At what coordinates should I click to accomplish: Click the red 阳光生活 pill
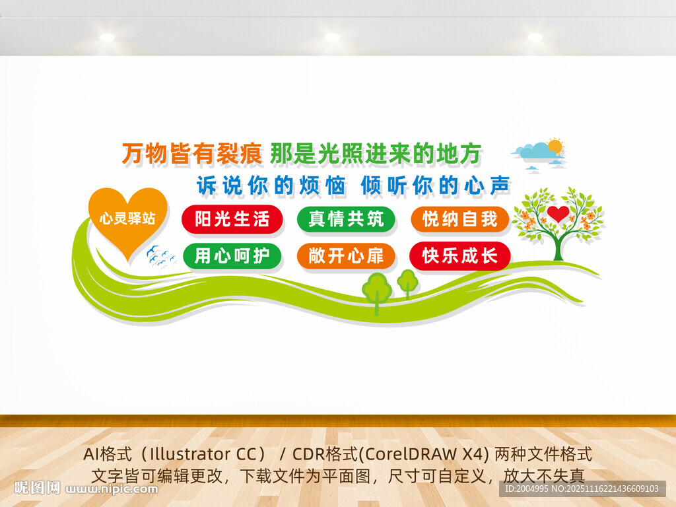point(232,219)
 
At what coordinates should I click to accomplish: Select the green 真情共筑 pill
point(346,219)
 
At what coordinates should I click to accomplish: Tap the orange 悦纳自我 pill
point(460,219)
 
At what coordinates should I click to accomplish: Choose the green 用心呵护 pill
point(232,255)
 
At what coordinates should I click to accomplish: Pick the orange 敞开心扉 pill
point(346,255)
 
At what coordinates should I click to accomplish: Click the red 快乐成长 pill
point(460,255)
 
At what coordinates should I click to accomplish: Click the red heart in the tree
point(558,213)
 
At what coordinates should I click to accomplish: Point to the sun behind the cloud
point(555,145)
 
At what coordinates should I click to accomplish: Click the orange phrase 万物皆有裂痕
point(192,154)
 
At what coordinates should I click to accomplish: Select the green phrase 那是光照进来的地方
point(374,154)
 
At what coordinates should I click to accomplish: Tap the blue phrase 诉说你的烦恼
point(271,186)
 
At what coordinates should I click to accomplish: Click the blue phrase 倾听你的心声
point(436,186)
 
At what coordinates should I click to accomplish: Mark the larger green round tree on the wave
point(377,289)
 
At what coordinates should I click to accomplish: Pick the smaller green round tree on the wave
point(407,281)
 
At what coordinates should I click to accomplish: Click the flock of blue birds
point(160,256)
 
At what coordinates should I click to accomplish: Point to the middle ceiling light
point(332,38)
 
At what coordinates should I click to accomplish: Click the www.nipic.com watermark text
point(112,489)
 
